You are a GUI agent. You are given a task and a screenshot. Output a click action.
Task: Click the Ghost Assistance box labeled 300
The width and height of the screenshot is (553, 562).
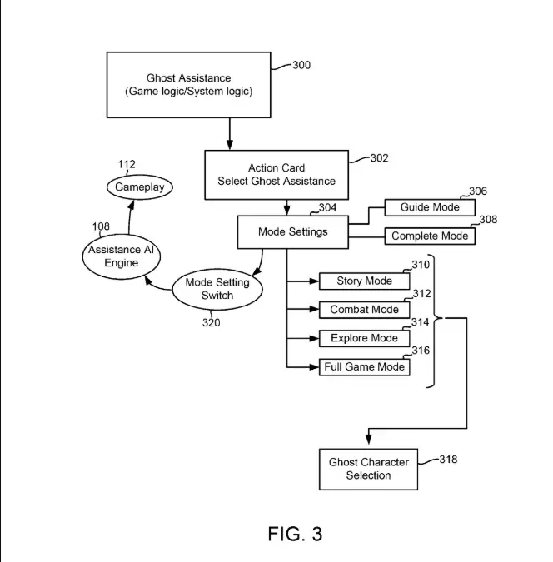click(x=188, y=85)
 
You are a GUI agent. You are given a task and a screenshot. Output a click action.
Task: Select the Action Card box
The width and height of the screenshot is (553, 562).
click(x=276, y=175)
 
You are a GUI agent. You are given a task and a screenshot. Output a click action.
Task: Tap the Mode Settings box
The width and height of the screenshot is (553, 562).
click(x=292, y=232)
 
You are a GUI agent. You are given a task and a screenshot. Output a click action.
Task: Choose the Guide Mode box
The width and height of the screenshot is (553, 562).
click(x=430, y=207)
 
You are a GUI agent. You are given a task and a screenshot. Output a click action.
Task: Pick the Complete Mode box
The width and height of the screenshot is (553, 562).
click(x=430, y=236)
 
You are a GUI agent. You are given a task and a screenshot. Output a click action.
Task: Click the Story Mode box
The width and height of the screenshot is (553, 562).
click(x=364, y=281)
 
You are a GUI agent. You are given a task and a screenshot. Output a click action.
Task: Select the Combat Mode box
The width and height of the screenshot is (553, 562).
click(x=364, y=310)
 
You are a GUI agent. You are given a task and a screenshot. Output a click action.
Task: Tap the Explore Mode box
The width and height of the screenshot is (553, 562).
click(x=364, y=338)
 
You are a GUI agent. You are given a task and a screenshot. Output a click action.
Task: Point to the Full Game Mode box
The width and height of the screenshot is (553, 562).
click(x=364, y=367)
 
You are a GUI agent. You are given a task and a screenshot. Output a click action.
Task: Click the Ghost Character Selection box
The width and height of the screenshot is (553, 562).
click(x=368, y=469)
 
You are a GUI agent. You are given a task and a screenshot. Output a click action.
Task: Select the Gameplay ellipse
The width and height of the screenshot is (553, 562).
click(x=140, y=187)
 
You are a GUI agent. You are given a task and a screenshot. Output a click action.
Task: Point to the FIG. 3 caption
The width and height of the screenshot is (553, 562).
click(x=295, y=534)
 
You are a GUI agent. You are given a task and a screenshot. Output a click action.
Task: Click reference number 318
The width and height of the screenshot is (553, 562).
click(x=447, y=459)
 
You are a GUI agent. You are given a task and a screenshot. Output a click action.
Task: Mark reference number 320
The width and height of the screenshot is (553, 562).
click(x=211, y=323)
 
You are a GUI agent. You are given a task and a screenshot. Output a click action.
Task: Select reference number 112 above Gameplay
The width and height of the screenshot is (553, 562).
click(x=127, y=165)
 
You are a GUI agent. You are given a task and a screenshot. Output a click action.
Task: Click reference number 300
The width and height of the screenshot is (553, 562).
click(x=301, y=65)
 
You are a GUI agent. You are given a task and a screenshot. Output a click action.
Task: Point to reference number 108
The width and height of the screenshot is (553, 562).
click(x=101, y=226)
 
